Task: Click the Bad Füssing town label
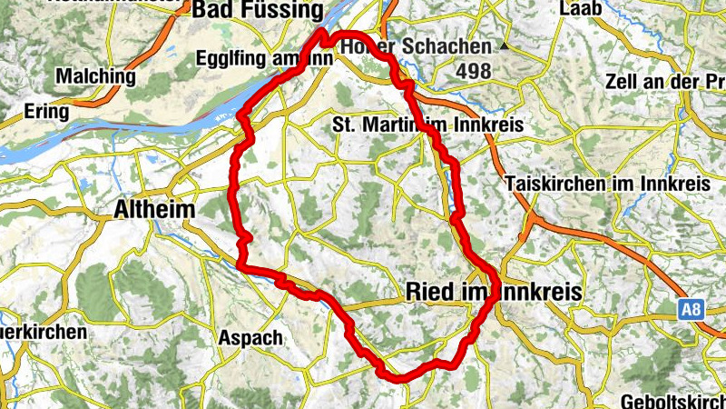(258, 11)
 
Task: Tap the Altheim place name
(154, 210)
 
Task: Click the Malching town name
(95, 76)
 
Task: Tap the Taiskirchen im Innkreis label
(608, 182)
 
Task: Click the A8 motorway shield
(692, 310)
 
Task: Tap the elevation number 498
(474, 71)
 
